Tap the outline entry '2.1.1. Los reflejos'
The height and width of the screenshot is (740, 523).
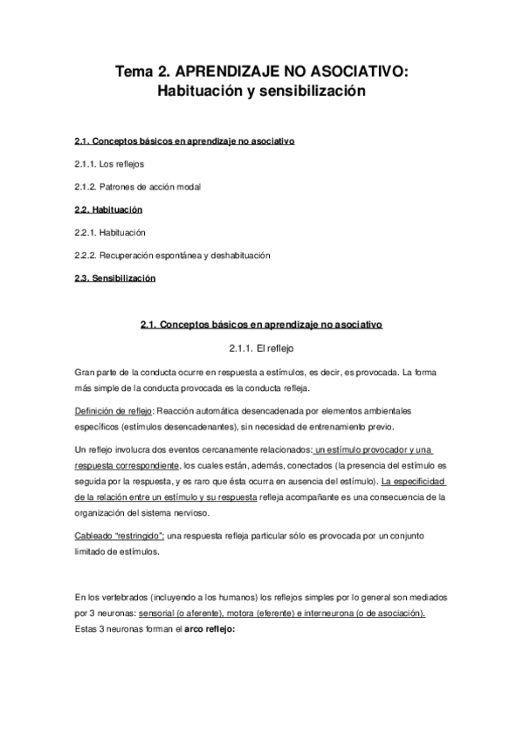coord(109,163)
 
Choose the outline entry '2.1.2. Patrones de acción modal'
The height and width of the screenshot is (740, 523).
coord(137,187)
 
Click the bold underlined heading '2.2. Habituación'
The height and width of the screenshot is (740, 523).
coord(108,210)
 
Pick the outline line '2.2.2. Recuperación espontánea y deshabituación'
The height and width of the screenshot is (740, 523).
coord(172,256)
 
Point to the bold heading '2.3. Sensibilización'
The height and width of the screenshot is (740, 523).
coord(115,278)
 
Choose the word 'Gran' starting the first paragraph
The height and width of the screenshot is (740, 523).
coord(85,371)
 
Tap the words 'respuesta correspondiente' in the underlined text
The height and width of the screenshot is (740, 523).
coord(128,465)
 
